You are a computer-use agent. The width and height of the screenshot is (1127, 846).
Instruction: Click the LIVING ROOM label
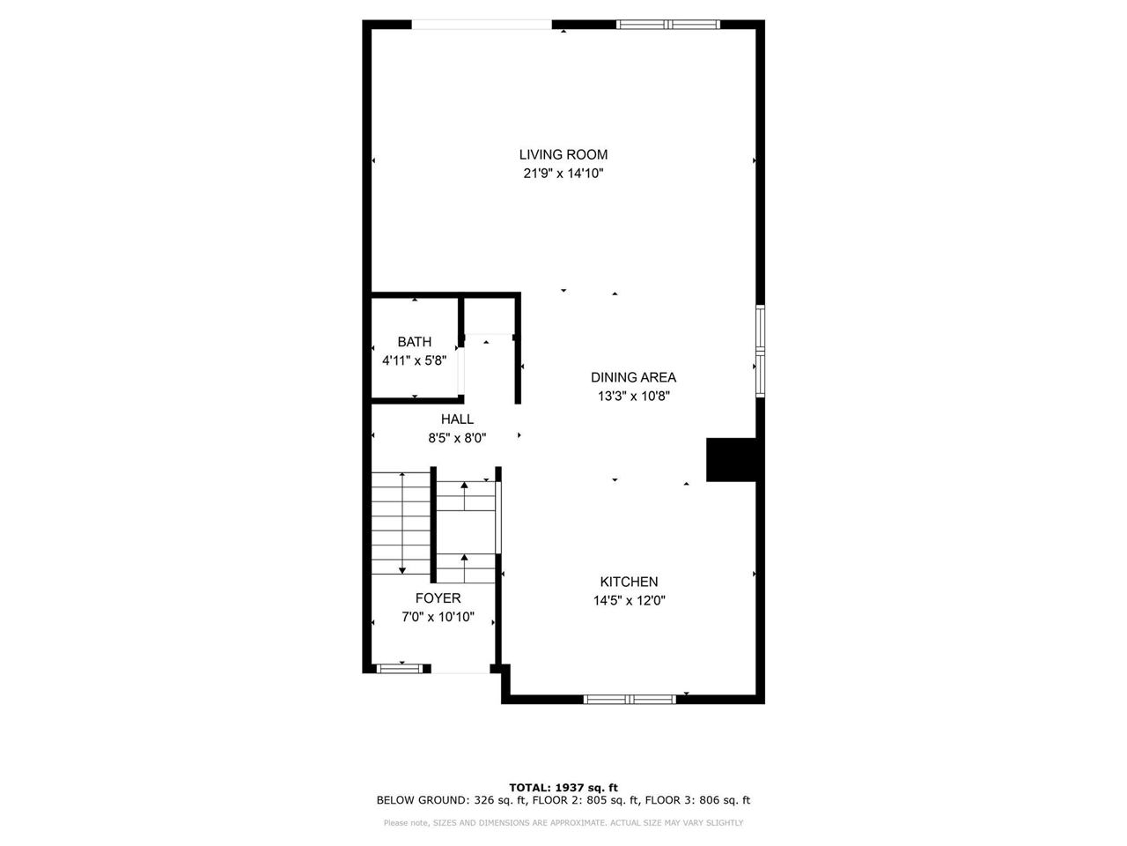[x=563, y=154]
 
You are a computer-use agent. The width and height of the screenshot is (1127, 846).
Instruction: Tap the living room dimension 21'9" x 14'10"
[x=563, y=174]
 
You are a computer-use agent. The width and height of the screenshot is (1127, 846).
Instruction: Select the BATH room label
[x=415, y=342]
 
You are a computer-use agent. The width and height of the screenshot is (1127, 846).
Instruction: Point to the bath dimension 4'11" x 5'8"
[x=415, y=360]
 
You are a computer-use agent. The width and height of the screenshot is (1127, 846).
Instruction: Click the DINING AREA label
[x=633, y=377]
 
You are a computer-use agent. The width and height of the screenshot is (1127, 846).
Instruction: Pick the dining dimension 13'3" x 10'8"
[x=634, y=397]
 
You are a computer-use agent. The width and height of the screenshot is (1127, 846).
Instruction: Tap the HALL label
[x=457, y=419]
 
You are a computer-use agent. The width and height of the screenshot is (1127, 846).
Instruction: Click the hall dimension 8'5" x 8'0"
[x=457, y=438]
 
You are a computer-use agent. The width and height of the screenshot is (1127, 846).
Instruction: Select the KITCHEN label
[x=629, y=582]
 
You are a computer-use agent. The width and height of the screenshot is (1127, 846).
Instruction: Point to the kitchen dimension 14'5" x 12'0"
[x=630, y=600]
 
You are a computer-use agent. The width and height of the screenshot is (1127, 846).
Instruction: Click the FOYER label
[x=438, y=597]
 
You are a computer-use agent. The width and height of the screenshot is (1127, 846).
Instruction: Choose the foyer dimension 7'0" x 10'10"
[x=438, y=617]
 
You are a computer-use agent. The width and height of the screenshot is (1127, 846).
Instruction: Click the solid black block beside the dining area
[x=731, y=460]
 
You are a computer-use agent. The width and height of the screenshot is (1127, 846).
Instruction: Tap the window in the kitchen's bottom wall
[x=630, y=699]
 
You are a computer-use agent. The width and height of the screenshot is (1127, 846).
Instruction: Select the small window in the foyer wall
[x=400, y=668]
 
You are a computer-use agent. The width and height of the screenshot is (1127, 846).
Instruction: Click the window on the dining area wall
[x=761, y=351]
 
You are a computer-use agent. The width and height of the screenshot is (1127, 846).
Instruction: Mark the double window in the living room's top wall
[x=668, y=25]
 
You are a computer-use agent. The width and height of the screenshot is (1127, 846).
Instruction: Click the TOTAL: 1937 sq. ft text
[x=563, y=788]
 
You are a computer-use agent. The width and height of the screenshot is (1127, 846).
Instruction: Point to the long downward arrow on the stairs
[x=402, y=523]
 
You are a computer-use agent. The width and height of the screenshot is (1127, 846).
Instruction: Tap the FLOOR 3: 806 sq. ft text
[x=697, y=800]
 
